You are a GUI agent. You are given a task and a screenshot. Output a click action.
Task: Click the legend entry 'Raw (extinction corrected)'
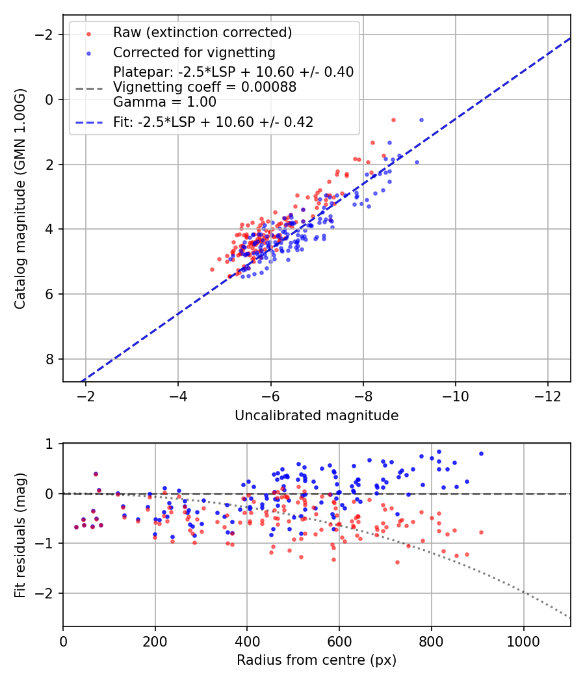(x=202, y=33)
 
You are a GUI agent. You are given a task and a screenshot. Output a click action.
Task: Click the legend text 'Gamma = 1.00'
(x=164, y=102)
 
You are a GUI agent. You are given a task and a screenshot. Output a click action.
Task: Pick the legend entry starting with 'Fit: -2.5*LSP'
(x=213, y=122)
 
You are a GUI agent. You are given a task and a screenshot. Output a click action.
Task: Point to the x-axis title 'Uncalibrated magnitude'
(x=317, y=415)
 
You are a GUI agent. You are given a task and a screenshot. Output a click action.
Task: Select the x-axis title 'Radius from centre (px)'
(x=317, y=660)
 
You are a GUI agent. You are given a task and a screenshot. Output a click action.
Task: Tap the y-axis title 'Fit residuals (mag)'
(x=20, y=534)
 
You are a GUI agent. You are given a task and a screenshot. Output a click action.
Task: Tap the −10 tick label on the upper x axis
(x=455, y=397)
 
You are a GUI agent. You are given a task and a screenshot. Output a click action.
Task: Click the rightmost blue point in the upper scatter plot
(x=421, y=120)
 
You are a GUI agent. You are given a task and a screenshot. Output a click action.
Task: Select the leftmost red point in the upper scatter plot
(x=212, y=269)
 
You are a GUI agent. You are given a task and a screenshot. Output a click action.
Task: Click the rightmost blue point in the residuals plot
(x=481, y=453)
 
